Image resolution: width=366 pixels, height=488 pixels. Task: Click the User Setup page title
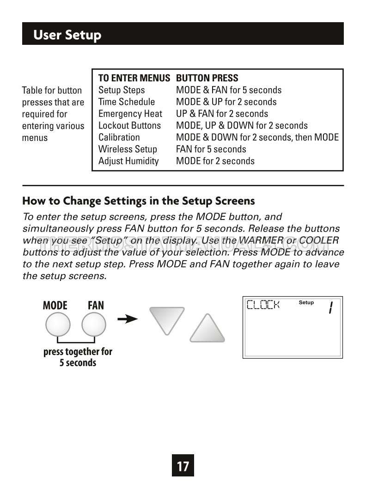click(67, 35)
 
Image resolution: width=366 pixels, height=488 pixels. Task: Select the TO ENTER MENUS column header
click(134, 78)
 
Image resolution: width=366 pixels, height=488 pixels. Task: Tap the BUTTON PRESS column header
click(207, 78)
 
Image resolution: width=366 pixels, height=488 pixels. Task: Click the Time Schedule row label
click(127, 102)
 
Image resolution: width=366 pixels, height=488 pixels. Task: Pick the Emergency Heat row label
click(130, 114)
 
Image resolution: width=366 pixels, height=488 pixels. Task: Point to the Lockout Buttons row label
click(129, 126)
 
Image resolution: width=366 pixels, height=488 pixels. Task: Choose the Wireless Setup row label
click(128, 149)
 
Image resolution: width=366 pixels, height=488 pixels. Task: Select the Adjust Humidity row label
click(128, 161)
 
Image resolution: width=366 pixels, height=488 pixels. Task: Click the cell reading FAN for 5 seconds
click(211, 149)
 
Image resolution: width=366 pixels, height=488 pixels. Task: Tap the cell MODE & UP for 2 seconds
click(226, 102)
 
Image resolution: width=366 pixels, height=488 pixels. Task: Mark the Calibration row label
click(119, 137)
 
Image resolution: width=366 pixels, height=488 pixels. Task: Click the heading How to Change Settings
click(139, 201)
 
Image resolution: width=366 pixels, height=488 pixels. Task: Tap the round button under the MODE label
click(58, 325)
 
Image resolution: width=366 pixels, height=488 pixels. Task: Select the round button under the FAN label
click(94, 325)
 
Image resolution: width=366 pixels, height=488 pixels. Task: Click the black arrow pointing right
click(128, 319)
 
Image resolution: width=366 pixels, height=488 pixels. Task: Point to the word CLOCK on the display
click(263, 305)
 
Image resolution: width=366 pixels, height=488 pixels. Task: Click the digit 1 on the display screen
click(331, 307)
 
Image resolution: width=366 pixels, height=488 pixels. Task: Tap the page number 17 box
click(183, 466)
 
